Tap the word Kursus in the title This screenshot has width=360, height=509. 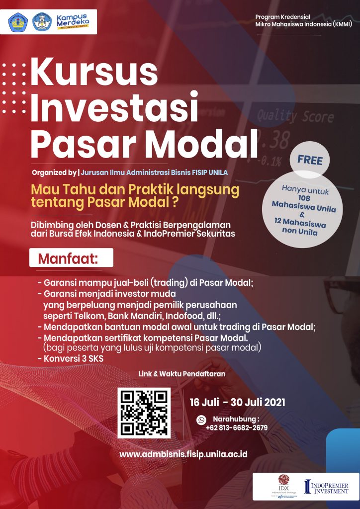point(94,72)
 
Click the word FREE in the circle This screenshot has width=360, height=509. point(310,161)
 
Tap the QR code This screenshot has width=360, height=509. point(144,413)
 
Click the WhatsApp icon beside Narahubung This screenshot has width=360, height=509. point(201,420)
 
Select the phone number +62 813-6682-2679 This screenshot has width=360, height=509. point(237,427)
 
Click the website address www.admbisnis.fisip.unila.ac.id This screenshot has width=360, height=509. point(183,454)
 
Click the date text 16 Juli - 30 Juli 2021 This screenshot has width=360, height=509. point(237,402)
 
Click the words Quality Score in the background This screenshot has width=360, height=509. point(295,116)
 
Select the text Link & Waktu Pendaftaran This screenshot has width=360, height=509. point(182,374)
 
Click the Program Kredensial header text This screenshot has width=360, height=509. point(303,20)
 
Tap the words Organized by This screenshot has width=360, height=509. point(54,172)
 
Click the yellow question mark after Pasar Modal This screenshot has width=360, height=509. point(175,202)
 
